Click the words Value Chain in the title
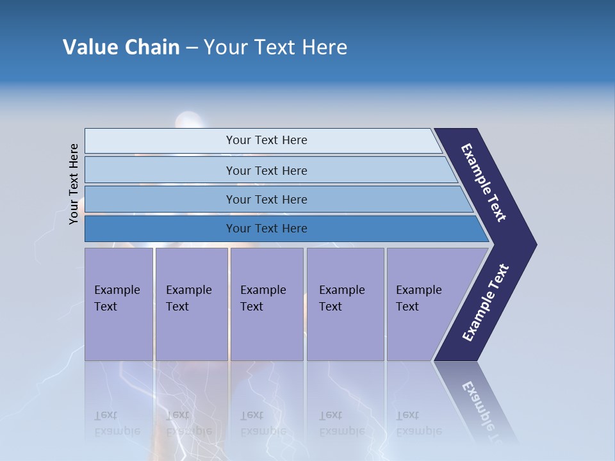coord(121,47)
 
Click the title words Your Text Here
coord(275,47)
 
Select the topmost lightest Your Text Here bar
coord(266,140)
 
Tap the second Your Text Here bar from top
coord(266,170)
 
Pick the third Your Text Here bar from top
coord(266,199)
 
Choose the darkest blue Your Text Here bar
coord(266,229)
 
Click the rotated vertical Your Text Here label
coord(74,184)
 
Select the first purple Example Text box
coord(119,304)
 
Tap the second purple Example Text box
coord(192,304)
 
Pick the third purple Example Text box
coord(266,304)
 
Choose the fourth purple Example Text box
coord(345,304)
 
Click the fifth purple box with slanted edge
coord(423,304)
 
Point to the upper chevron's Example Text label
coord(484,182)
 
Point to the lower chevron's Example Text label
coord(486,303)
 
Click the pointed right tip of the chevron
coord(533,245)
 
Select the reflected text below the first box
coord(117,423)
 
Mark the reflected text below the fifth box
coord(419,423)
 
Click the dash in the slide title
coord(192,48)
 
